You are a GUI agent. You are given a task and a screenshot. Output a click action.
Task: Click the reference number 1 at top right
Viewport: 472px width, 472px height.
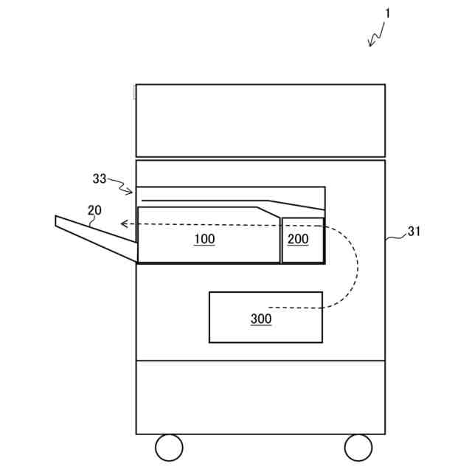coord(388,13)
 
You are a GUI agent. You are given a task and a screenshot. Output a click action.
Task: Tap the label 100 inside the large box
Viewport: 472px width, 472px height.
coord(204,239)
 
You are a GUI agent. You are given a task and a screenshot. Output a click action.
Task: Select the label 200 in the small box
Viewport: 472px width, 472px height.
coord(298,239)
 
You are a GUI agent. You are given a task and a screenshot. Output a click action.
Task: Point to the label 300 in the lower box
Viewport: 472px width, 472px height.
coord(260,319)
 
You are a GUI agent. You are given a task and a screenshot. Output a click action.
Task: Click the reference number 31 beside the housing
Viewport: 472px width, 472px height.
coord(414,231)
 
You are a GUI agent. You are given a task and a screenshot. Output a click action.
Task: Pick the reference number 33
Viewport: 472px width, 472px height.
coord(100,178)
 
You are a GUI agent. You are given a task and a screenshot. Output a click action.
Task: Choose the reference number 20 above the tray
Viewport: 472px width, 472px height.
coord(94,210)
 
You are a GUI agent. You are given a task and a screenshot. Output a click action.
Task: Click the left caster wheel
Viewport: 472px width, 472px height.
coord(169,447)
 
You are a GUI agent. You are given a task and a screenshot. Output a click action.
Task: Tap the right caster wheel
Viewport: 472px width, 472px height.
coord(358,447)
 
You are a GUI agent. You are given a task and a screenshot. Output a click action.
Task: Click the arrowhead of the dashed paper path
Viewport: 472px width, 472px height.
coord(125,223)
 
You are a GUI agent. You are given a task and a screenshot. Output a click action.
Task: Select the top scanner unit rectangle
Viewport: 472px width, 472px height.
coord(260,120)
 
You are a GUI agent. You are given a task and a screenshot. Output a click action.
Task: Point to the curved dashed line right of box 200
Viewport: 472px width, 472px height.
coord(353,265)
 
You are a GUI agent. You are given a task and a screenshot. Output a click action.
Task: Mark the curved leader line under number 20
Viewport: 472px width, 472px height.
coord(92,220)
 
